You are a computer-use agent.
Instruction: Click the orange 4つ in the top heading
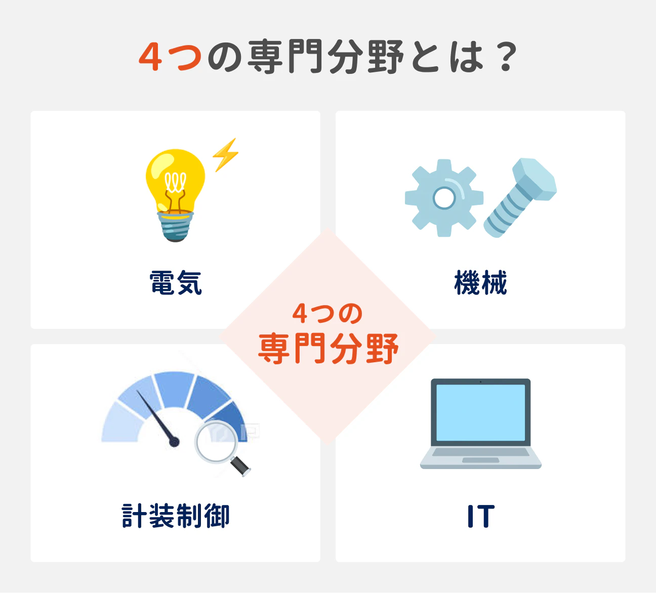click(x=170, y=57)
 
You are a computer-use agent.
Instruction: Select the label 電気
click(x=176, y=283)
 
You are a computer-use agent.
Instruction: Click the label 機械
click(x=480, y=283)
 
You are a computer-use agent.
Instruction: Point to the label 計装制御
click(x=176, y=516)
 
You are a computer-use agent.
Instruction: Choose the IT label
click(x=480, y=516)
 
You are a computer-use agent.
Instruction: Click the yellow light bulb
click(x=175, y=182)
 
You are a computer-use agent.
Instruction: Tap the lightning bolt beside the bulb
click(x=225, y=154)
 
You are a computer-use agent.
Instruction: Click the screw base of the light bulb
click(x=176, y=227)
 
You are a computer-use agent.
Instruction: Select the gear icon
click(x=444, y=198)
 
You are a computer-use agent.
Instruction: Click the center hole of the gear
click(x=444, y=198)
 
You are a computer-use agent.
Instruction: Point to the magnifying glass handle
click(x=240, y=466)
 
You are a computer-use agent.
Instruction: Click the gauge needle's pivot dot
click(x=174, y=442)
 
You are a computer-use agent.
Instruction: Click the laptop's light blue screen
click(x=480, y=412)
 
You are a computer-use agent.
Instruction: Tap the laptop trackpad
click(x=480, y=460)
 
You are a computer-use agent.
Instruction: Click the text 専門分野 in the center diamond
click(x=328, y=349)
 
